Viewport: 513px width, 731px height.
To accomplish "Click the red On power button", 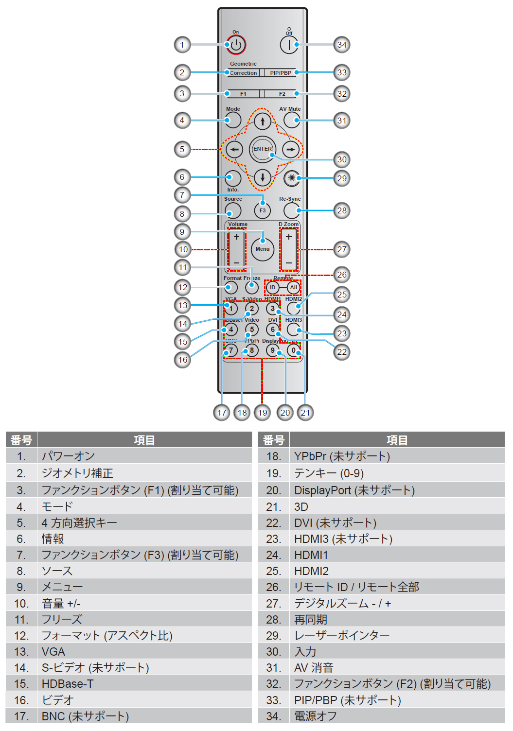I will (x=236, y=45).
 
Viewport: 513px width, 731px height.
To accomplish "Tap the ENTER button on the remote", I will (x=263, y=149).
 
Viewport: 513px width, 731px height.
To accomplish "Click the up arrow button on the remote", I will (x=263, y=121).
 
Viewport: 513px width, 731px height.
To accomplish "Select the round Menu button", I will (x=263, y=249).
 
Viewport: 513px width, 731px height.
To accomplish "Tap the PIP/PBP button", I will (x=281, y=73).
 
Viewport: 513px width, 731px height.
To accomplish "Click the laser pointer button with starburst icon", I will (x=292, y=178).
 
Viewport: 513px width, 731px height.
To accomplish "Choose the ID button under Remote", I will (x=272, y=287).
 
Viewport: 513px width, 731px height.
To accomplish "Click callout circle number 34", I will (x=342, y=45).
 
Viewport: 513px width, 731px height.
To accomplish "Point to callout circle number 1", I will (x=182, y=45).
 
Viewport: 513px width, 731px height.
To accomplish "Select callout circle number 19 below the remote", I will (x=263, y=413).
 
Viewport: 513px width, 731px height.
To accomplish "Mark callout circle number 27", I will (x=342, y=249).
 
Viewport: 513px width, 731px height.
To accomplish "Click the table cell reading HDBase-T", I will (x=68, y=684).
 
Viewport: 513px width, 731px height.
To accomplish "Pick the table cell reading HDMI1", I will (x=311, y=555).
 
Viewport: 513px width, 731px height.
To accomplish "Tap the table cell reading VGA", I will (x=53, y=652).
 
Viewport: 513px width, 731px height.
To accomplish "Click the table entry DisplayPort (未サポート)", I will (x=354, y=490).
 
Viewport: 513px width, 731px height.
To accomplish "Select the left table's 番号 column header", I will (x=21, y=440).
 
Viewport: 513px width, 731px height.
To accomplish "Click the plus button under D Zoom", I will (x=289, y=237).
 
